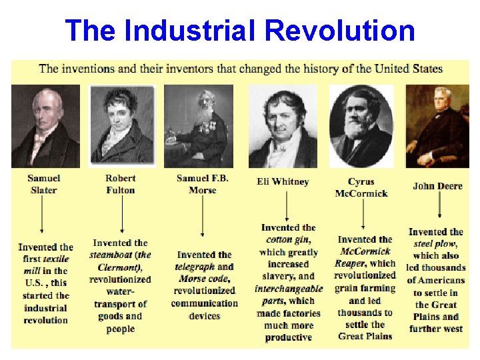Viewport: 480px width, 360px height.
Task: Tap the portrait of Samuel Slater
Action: click(45, 127)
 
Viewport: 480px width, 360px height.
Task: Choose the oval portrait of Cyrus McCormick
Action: click(361, 127)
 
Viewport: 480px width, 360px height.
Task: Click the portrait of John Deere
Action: click(438, 127)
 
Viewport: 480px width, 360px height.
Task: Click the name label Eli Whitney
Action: click(283, 181)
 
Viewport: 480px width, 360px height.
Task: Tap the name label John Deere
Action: click(437, 186)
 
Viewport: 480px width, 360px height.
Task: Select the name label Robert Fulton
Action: click(121, 184)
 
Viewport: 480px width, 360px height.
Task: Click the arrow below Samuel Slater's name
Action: click(42, 217)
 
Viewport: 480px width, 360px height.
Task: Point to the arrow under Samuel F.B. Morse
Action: click(202, 217)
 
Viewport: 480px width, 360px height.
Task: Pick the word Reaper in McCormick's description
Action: click(351, 264)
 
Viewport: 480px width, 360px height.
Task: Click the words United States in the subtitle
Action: click(409, 69)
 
